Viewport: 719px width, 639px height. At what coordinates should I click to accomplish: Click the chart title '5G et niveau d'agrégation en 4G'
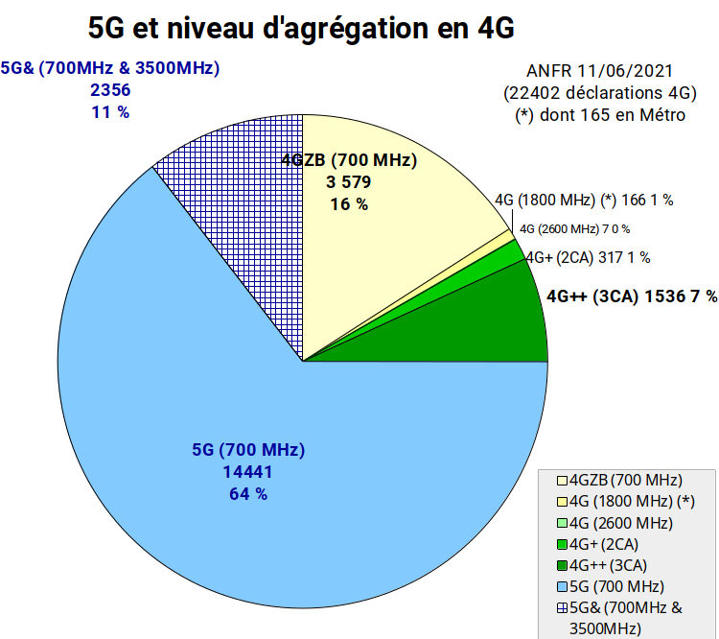(301, 29)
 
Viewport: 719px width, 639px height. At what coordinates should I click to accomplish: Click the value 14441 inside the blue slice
(247, 472)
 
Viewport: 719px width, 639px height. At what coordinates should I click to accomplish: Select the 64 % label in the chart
(248, 494)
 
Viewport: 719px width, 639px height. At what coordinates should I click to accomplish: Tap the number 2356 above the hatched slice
(110, 90)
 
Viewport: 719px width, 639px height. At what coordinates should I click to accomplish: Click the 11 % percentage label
(110, 112)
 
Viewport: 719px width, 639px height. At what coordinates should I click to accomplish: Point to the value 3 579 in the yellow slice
(349, 182)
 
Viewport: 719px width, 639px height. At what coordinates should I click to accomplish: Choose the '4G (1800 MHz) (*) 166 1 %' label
(584, 201)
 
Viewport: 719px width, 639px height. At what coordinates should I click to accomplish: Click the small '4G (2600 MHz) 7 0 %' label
(574, 228)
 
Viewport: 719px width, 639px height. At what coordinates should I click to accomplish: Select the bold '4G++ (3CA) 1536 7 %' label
(632, 296)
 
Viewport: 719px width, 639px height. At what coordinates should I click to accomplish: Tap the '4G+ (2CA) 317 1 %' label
(588, 257)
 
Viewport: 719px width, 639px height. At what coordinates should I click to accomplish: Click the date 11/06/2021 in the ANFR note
(625, 71)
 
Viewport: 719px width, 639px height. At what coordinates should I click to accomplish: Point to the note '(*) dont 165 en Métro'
(600, 115)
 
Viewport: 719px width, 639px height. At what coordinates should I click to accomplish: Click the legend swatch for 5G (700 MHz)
(562, 586)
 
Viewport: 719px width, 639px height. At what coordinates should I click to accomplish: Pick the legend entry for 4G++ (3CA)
(602, 565)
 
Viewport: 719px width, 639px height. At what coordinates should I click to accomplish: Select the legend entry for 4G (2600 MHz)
(615, 523)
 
